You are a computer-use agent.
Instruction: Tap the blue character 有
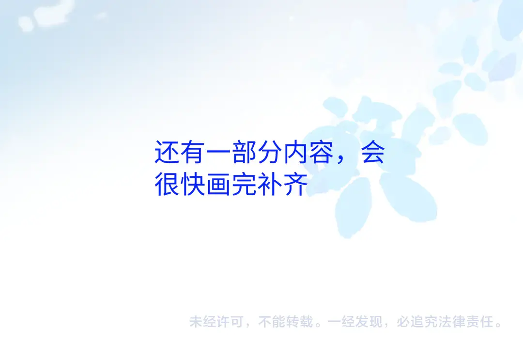pyautogui.click(x=193, y=152)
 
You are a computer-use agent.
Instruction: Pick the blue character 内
pyautogui.click(x=296, y=152)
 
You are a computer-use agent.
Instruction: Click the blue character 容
pyautogui.click(x=322, y=152)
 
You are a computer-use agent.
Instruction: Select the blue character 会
pyautogui.click(x=373, y=152)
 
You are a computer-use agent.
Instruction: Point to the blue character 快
pyautogui.click(x=193, y=184)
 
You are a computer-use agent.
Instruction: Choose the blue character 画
pyautogui.click(x=218, y=184)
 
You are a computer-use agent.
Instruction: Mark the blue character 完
pyautogui.click(x=245, y=184)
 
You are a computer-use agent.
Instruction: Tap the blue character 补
pyautogui.click(x=270, y=184)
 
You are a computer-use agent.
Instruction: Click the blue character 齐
pyautogui.click(x=296, y=184)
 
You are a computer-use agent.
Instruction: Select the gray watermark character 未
pyautogui.click(x=196, y=322)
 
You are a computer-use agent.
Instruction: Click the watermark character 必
pyautogui.click(x=403, y=322)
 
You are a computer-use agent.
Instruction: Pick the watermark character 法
pyautogui.click(x=445, y=322)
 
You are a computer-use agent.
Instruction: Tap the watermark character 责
pyautogui.click(x=472, y=322)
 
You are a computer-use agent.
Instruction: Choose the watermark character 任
pyautogui.click(x=486, y=322)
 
